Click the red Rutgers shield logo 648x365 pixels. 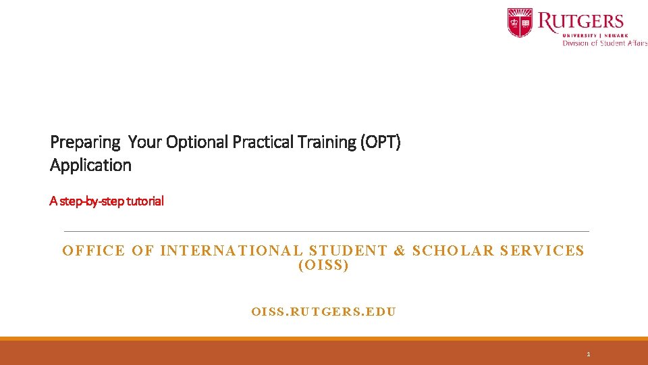tap(520, 22)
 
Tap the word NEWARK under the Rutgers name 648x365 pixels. tap(616, 35)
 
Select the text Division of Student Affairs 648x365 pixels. tap(605, 43)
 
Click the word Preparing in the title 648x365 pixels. tap(85, 143)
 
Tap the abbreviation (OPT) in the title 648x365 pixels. tap(381, 143)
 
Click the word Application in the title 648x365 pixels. tap(90, 166)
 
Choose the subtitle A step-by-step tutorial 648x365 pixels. tap(107, 201)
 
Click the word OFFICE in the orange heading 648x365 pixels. tap(94, 251)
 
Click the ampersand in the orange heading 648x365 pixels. tap(400, 251)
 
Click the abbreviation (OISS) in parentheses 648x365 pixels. tap(323, 266)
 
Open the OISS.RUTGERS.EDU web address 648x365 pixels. tap(323, 312)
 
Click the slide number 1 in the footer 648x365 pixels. tap(589, 354)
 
